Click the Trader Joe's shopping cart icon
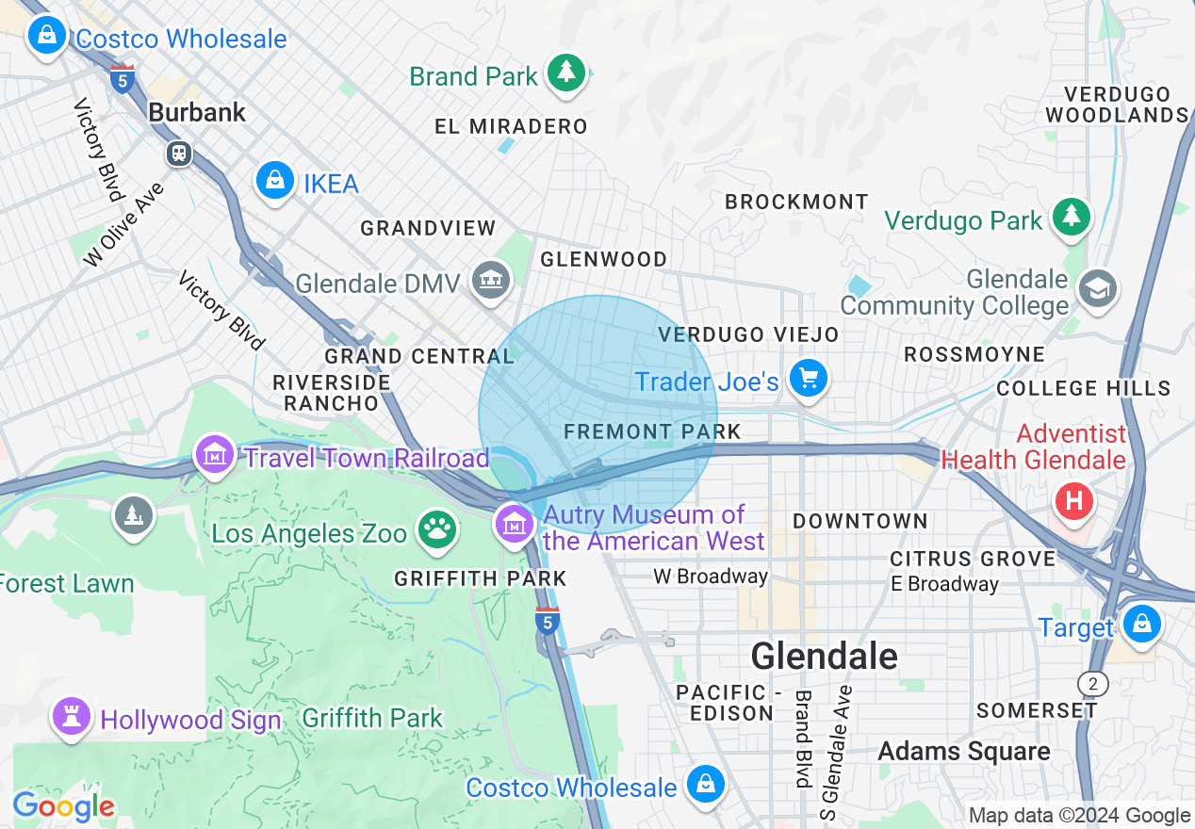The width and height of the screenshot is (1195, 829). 808,379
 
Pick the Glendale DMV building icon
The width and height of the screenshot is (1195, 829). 491,280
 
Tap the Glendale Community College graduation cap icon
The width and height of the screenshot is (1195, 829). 1098,287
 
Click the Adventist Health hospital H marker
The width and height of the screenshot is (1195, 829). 1073,498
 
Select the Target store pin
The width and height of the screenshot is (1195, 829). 1141,625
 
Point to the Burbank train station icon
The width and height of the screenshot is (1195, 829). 178,153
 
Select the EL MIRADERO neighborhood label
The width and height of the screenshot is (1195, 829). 511,126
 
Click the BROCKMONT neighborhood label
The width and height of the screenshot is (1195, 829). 796,202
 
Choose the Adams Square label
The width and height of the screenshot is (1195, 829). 963,751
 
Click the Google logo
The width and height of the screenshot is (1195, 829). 63,806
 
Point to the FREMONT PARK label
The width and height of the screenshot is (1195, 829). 652,431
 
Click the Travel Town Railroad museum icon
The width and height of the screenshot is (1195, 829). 215,456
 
